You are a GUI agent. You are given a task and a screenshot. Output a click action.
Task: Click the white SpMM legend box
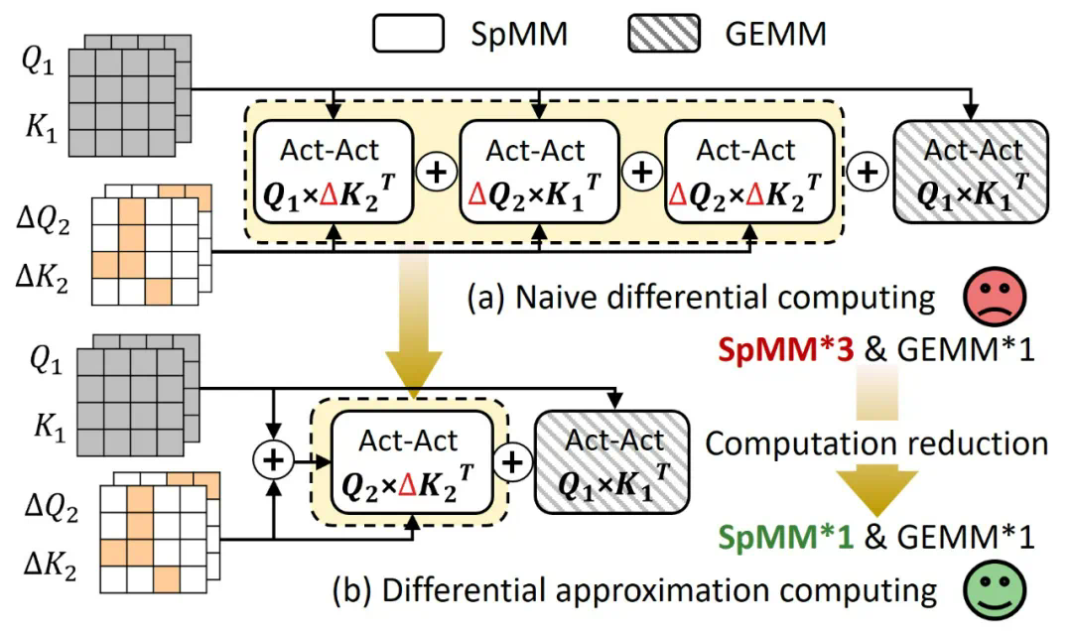click(408, 36)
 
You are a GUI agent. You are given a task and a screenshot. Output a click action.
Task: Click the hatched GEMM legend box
click(664, 36)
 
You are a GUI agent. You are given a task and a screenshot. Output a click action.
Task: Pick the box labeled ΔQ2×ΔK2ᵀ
click(747, 172)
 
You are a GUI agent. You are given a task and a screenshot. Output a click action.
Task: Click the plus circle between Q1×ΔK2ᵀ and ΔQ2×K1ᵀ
click(437, 173)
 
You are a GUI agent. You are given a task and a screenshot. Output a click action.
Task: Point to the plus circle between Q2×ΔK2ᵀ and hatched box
click(512, 461)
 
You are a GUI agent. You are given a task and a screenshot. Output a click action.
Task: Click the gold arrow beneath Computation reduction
click(875, 486)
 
